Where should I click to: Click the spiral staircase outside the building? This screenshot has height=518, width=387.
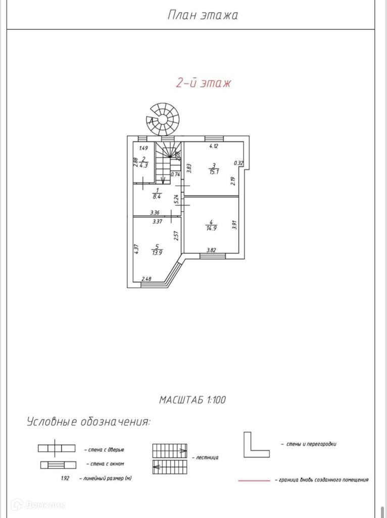coord(165,119)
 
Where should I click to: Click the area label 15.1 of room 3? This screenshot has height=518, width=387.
coord(214,171)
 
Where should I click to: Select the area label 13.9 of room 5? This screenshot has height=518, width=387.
coord(157,252)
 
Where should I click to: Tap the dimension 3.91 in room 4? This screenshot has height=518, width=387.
coord(234,224)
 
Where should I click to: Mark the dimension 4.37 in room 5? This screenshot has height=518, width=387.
coord(136,249)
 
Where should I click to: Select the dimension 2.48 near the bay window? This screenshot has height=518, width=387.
coord(147,279)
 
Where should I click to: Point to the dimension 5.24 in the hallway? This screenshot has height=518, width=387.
coord(176,199)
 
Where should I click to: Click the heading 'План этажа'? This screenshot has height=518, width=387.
coord(203,15)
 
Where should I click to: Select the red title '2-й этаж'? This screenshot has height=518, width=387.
coord(203,83)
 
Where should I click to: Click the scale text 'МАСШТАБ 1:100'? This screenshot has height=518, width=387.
coord(193,400)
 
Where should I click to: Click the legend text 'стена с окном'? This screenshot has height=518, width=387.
coord(105,463)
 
